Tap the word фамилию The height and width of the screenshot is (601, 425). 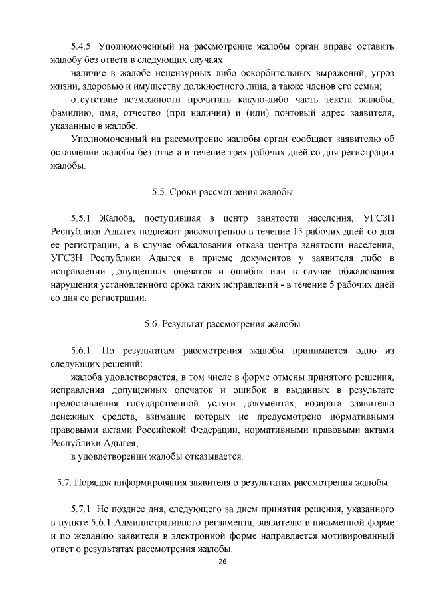point(72,113)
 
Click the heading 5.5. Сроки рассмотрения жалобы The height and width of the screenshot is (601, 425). point(222,192)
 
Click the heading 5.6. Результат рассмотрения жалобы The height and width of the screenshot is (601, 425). point(222,324)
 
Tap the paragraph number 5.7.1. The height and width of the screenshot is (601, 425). point(85,509)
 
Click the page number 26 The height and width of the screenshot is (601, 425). point(222,562)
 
